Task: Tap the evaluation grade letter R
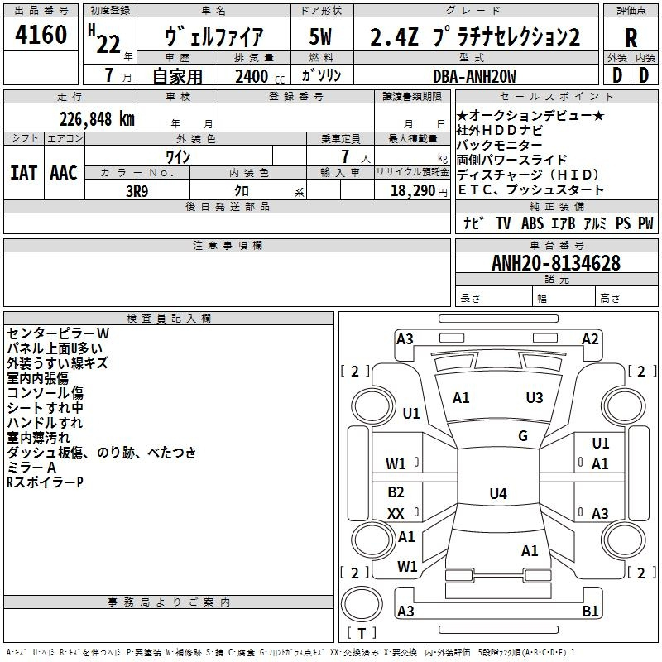click(631, 37)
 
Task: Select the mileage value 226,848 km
click(97, 118)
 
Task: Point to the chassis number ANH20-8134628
click(555, 263)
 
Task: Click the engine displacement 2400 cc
click(259, 76)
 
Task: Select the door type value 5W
click(322, 37)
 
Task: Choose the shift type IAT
click(23, 173)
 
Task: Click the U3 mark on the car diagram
click(535, 398)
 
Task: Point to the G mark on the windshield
click(523, 436)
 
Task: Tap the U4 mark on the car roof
click(497, 494)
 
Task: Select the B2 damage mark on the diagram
click(396, 492)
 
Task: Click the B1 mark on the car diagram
click(590, 612)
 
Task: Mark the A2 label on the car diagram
click(590, 338)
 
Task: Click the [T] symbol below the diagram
click(361, 633)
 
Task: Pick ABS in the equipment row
click(532, 223)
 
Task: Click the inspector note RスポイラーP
click(45, 482)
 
